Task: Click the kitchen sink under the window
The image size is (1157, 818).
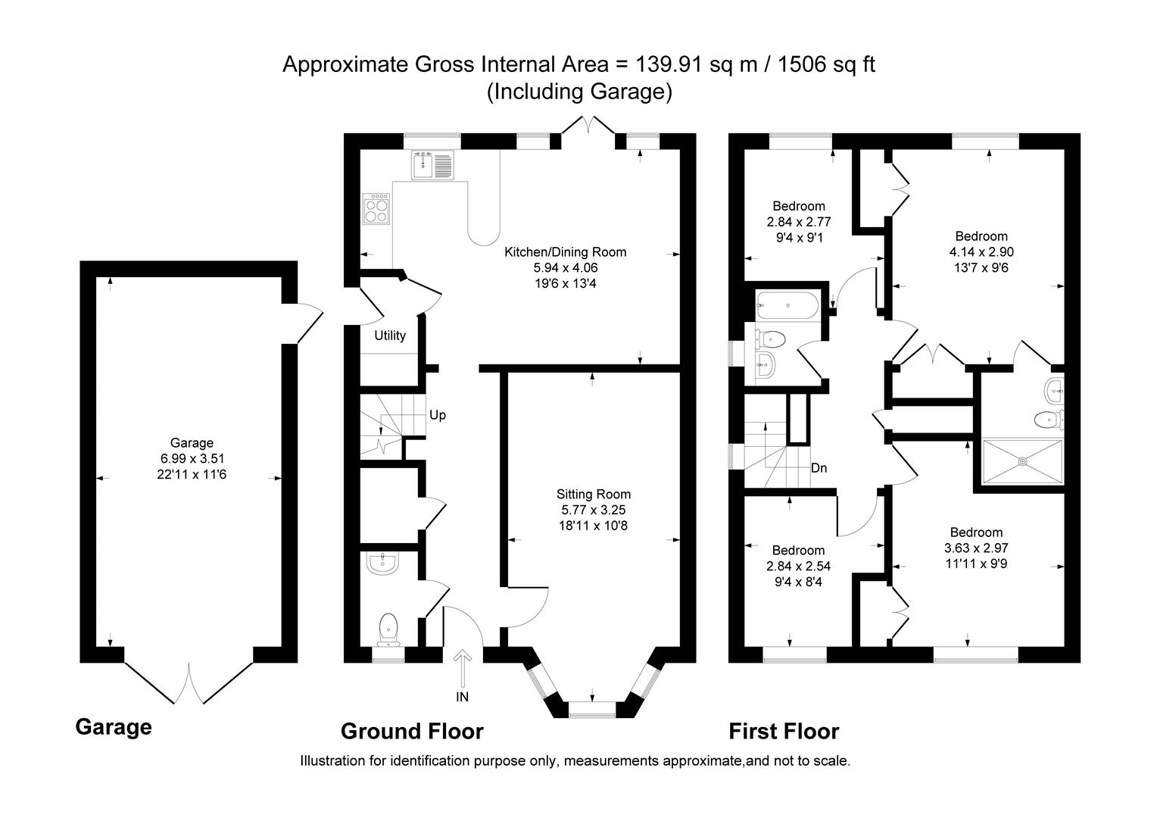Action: click(x=432, y=165)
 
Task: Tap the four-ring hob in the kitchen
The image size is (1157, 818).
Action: click(x=377, y=209)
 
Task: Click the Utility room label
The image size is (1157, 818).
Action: click(x=390, y=336)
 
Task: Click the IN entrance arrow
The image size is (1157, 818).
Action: click(x=463, y=670)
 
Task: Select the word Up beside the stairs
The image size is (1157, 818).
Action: click(x=438, y=415)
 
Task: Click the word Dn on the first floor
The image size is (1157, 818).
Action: click(x=819, y=468)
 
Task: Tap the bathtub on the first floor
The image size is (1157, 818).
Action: click(x=787, y=307)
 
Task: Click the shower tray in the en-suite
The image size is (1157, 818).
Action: click(x=1021, y=461)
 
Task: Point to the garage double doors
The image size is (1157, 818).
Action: click(x=189, y=681)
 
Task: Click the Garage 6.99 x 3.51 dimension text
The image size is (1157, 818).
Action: click(x=192, y=458)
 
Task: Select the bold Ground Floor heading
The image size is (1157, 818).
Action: click(x=412, y=732)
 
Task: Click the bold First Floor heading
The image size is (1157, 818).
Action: click(x=784, y=732)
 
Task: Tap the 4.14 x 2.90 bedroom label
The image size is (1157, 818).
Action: click(x=981, y=252)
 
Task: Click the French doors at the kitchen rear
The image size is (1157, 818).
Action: click(x=588, y=127)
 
